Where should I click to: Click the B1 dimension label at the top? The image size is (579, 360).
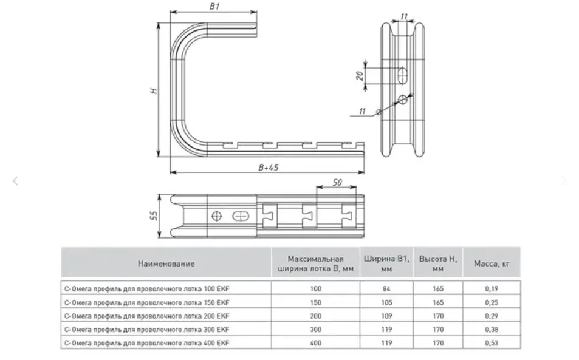(214, 6)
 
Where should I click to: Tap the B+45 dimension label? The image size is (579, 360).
(269, 168)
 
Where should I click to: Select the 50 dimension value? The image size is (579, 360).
(337, 182)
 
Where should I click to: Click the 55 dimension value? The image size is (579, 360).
(154, 216)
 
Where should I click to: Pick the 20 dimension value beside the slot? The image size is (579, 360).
(360, 76)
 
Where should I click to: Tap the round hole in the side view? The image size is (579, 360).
(403, 99)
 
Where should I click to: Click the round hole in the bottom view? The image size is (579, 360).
(216, 216)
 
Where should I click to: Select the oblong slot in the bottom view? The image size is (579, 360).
(241, 216)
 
